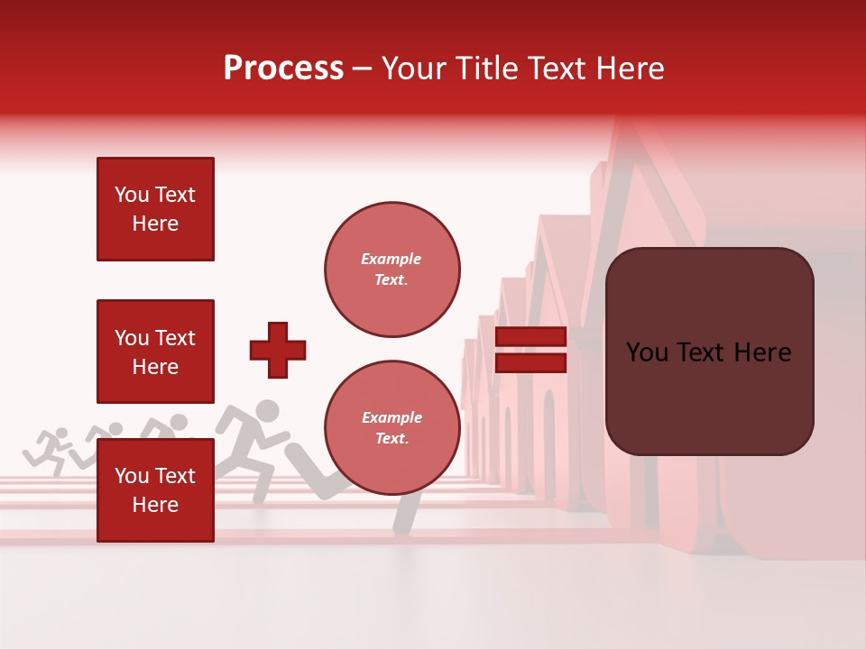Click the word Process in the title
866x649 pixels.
[x=283, y=69]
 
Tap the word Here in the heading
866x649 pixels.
[x=626, y=69]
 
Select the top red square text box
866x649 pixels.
[x=155, y=209]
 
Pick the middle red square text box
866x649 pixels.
[x=155, y=352]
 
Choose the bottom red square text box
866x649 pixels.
[x=155, y=489]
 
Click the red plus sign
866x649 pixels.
[x=278, y=350]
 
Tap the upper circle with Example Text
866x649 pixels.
[x=392, y=270]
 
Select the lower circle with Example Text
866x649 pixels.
[x=392, y=428]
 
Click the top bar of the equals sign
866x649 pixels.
[x=530, y=337]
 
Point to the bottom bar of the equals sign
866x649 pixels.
[x=530, y=362]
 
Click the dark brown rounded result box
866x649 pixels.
[x=709, y=352]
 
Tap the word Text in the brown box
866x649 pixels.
[x=706, y=352]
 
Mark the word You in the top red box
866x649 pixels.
[x=131, y=195]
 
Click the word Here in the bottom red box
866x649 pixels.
[x=155, y=505]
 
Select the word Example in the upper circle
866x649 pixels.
[x=391, y=259]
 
